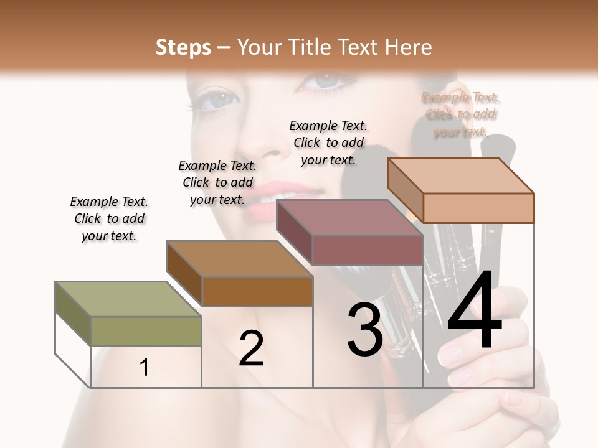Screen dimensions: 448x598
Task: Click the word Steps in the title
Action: (x=183, y=47)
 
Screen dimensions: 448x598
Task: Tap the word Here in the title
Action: (x=408, y=47)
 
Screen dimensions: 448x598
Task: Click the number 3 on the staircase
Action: (x=364, y=330)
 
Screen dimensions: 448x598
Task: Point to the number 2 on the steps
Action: (x=251, y=348)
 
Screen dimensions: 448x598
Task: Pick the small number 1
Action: (x=145, y=367)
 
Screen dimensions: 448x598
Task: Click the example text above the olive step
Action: (x=109, y=218)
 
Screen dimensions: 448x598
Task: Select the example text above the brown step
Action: (x=217, y=182)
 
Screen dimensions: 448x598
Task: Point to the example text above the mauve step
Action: (x=328, y=142)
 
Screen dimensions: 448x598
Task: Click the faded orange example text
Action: (x=460, y=114)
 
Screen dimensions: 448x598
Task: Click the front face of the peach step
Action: (x=478, y=208)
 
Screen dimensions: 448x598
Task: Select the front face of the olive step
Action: (x=146, y=331)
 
